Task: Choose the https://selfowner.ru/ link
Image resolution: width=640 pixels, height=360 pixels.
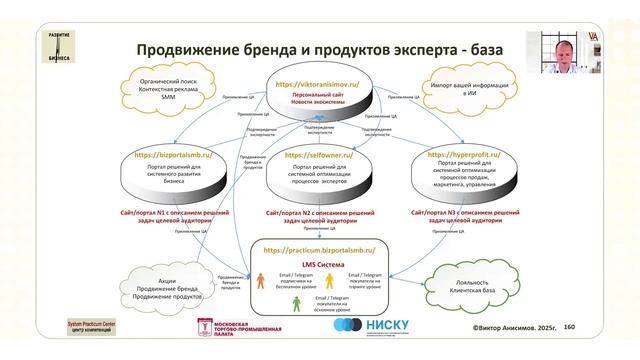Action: [320, 155]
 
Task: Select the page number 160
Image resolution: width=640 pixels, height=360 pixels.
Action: [569, 326]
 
